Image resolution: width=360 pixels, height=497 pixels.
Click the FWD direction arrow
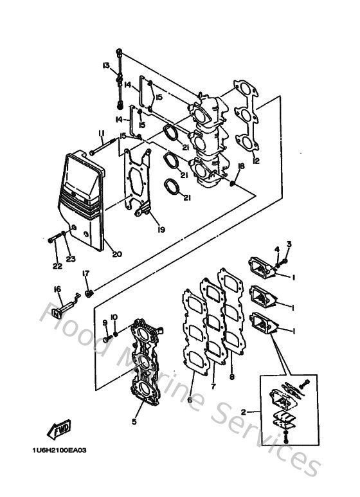[x=59, y=428]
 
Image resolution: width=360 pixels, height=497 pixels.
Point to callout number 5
[x=134, y=422]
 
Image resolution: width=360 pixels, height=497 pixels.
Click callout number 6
[x=190, y=400]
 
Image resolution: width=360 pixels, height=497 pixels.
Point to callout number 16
[x=57, y=290]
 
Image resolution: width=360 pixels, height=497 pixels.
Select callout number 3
[x=289, y=244]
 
